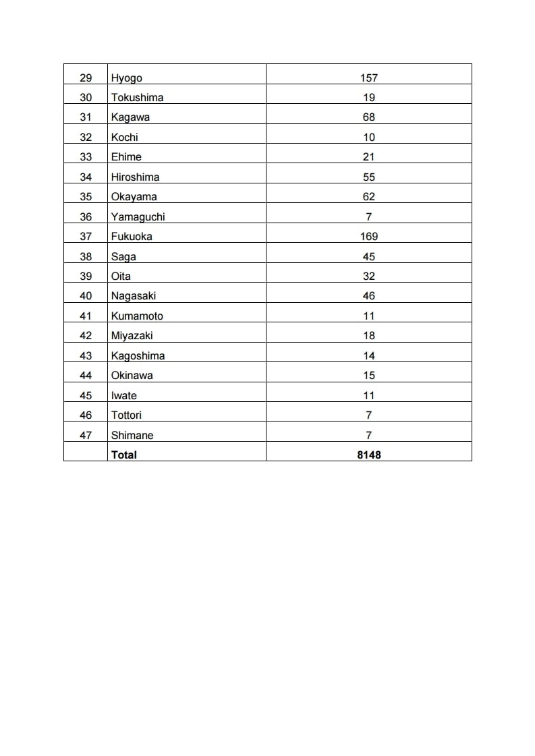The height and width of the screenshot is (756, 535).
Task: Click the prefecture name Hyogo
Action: [x=126, y=78]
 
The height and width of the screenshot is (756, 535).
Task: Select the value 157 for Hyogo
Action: [x=368, y=78]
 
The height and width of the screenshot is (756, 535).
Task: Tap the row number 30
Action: [x=86, y=98]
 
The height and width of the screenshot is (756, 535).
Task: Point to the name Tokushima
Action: [x=137, y=98]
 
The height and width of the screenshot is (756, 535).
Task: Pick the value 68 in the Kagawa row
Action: [x=368, y=117]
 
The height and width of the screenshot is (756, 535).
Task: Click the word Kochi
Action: [x=124, y=138]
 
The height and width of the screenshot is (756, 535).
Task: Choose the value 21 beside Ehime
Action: [x=368, y=157]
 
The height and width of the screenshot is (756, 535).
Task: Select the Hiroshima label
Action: [x=135, y=177]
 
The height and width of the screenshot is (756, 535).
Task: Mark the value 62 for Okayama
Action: [x=368, y=197]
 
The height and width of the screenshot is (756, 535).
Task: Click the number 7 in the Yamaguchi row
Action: [x=368, y=217]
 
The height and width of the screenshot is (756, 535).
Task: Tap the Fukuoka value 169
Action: [x=368, y=237]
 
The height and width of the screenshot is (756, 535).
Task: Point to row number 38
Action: [x=86, y=257]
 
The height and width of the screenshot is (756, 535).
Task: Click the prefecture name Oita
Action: [x=121, y=277]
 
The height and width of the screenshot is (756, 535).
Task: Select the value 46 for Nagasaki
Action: [x=368, y=296]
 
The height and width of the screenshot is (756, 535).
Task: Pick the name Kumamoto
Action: [x=137, y=316]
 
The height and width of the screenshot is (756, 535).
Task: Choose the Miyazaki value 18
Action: [x=368, y=336]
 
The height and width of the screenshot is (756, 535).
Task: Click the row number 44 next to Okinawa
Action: [x=86, y=376]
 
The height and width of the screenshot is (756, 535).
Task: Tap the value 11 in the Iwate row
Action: [x=368, y=396]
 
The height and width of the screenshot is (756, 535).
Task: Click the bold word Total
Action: [x=123, y=455]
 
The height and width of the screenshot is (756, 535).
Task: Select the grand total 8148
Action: [x=369, y=455]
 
